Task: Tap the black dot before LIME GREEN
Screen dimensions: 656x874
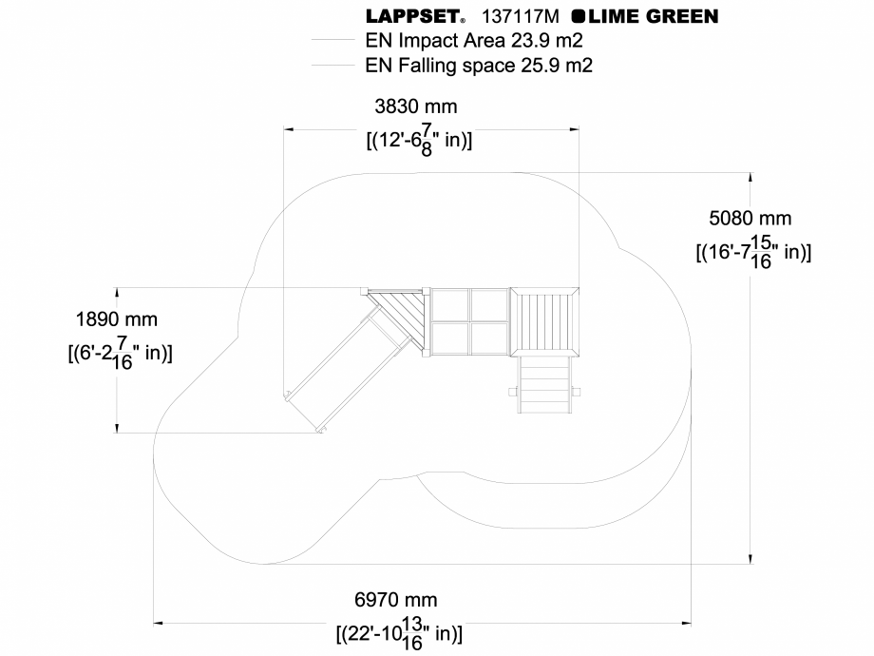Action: (x=578, y=16)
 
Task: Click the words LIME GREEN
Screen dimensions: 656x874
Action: (x=653, y=16)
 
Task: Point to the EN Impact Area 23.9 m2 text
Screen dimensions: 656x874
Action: (x=473, y=41)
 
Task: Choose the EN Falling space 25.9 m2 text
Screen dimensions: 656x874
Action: (x=479, y=66)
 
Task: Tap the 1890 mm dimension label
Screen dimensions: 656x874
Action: (x=117, y=319)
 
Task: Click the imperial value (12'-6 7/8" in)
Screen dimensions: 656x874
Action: (x=419, y=140)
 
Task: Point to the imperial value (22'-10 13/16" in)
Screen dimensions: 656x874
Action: (x=399, y=631)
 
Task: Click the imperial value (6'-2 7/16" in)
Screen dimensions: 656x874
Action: (x=120, y=352)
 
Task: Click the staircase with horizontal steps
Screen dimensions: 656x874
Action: (x=545, y=384)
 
